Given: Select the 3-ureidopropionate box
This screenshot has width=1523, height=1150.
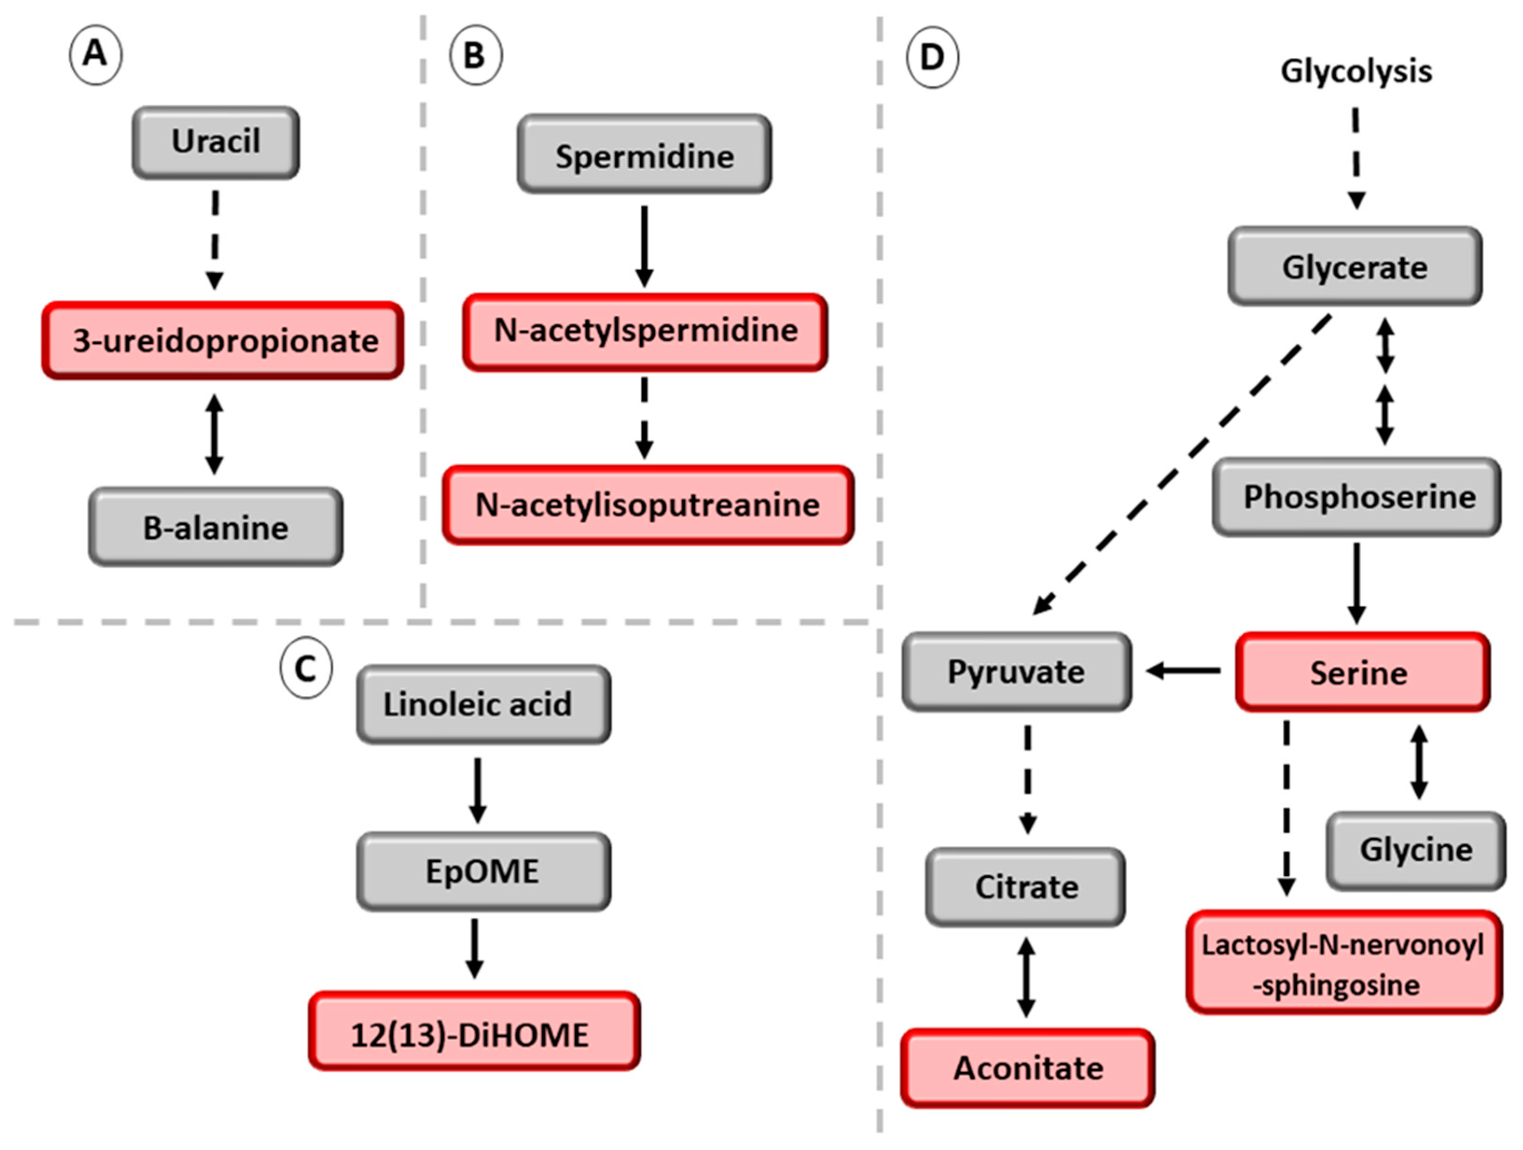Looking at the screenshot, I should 223,340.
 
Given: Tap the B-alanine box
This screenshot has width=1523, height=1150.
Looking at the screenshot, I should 215,527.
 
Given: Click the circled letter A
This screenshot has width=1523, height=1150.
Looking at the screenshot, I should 96,55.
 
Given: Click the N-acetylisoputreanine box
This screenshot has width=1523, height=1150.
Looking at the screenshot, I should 648,505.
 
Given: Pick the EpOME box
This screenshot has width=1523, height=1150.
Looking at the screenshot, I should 483,871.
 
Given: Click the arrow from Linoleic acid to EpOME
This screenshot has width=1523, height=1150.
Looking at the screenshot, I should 477,789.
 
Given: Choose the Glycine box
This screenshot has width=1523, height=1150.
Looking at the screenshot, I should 1416,850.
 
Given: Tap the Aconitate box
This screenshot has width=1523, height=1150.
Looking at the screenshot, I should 1027,1068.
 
